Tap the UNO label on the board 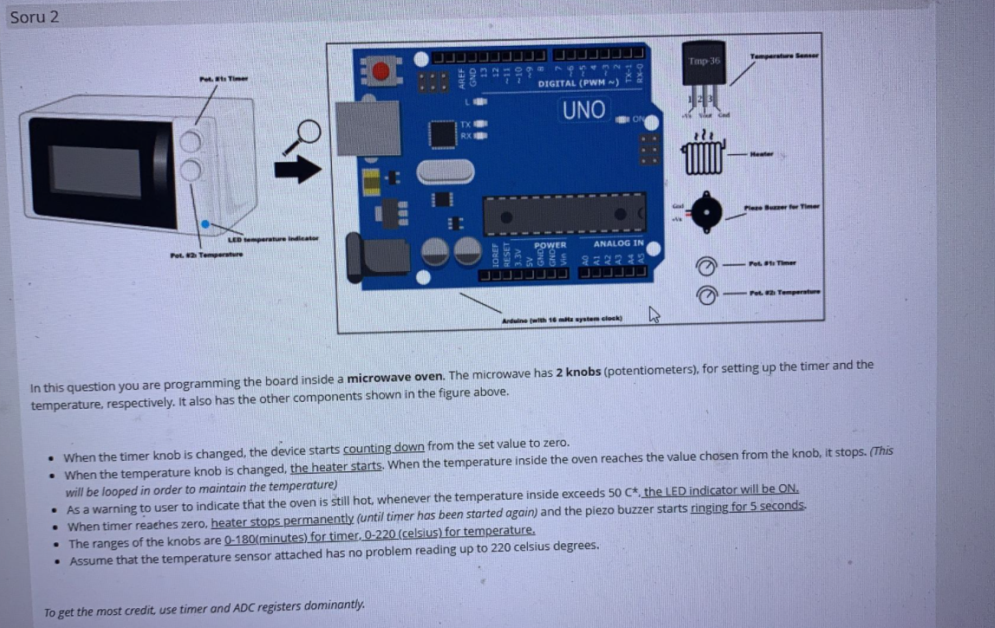coord(584,110)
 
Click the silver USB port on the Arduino coord(367,128)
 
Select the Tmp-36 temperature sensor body coord(704,68)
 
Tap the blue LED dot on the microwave coord(205,223)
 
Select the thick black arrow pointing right coord(298,169)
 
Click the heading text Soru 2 coord(35,16)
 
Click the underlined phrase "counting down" coord(384,447)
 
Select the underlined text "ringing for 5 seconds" coord(748,505)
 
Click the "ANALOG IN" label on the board coord(618,243)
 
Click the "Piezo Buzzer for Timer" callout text coord(782,206)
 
